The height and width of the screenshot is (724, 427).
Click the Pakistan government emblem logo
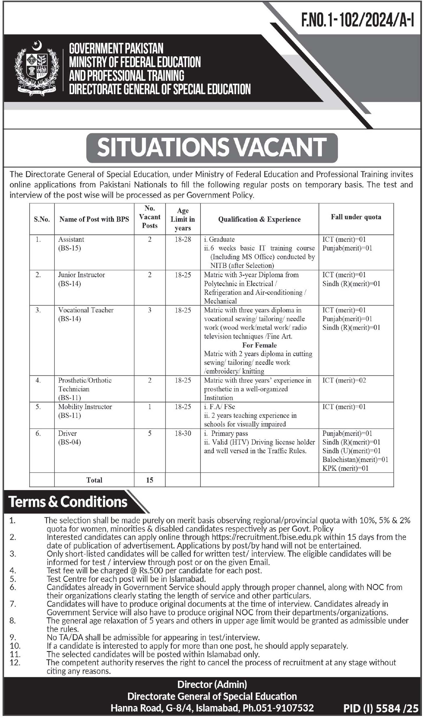pos(36,69)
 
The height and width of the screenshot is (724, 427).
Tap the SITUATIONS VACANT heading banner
pos(212,147)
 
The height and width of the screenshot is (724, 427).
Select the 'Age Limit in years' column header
pos(183,219)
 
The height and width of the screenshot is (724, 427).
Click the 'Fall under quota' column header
pos(356,217)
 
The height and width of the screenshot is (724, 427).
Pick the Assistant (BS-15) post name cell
pos(71,244)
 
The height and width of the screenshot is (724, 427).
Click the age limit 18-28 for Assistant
pos(183,239)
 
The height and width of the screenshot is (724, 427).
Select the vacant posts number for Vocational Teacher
pos(150,310)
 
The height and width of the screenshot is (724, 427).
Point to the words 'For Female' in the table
pos(259,345)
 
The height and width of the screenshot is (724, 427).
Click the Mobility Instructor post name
pos(85,407)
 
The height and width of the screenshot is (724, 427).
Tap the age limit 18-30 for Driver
pos(183,433)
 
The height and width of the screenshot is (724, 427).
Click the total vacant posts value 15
pos(150,480)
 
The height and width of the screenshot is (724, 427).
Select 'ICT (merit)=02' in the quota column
pos(344,380)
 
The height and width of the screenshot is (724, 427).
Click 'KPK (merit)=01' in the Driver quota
pos(345,468)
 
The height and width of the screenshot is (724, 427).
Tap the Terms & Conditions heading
pos(68,502)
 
